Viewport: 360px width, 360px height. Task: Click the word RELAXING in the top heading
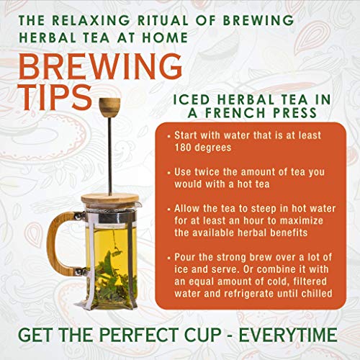click(91, 20)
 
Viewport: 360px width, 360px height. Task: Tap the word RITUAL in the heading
click(163, 20)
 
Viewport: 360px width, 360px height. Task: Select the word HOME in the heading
click(165, 37)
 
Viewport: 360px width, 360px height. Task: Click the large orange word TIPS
click(55, 98)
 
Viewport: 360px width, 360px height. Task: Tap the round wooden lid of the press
click(110, 199)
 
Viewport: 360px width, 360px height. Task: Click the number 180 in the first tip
click(182, 148)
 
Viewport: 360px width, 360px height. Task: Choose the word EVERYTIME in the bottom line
click(288, 335)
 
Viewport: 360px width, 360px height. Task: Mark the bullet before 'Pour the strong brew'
click(169, 258)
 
